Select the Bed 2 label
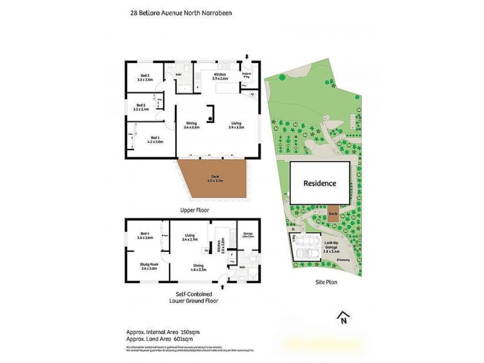pyautogui.click(x=140, y=107)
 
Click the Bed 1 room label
pyautogui.click(x=155, y=139)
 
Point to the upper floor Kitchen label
pyautogui.click(x=220, y=76)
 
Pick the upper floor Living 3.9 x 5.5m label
pyautogui.click(x=235, y=125)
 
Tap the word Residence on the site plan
pyautogui.click(x=319, y=183)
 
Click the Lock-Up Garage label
pyautogui.click(x=331, y=244)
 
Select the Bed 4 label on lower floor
pyautogui.click(x=145, y=236)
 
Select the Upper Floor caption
pyautogui.click(x=194, y=210)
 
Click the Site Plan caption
pyautogui.click(x=325, y=282)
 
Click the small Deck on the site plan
pyautogui.click(x=332, y=214)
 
